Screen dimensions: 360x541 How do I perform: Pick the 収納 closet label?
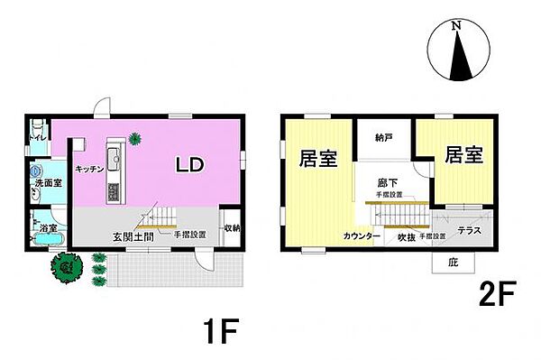[x=232, y=227]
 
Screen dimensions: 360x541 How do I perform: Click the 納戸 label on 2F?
[x=384, y=138]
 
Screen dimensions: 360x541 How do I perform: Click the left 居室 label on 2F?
[x=317, y=159]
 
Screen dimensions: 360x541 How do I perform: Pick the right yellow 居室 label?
[x=463, y=155]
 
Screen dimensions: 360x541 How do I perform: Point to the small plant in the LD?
[x=134, y=138]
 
